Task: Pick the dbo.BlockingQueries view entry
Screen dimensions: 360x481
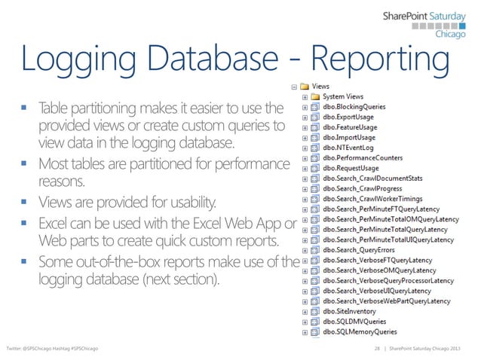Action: pos(354,108)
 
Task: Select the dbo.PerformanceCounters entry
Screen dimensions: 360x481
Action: pos(362,158)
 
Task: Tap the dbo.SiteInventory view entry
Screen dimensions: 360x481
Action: pos(348,310)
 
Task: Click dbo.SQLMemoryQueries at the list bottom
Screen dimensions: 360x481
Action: pos(360,330)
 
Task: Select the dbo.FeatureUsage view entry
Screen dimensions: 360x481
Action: pos(350,128)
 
